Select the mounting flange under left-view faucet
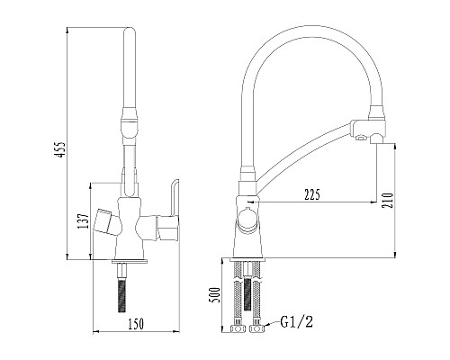point(130,264)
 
